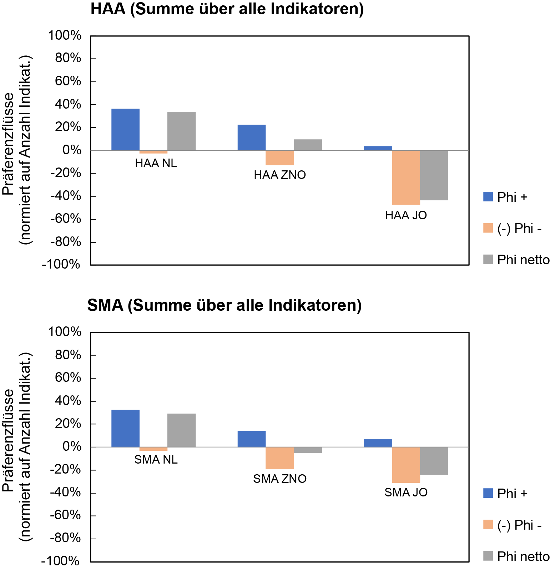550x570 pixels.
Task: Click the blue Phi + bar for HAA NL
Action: [125, 129]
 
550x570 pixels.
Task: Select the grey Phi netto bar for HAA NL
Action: [181, 131]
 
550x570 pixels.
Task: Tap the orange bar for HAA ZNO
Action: [280, 158]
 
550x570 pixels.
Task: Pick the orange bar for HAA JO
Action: [406, 177]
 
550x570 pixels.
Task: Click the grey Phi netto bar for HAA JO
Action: [434, 175]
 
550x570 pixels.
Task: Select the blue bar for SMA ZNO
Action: [252, 439]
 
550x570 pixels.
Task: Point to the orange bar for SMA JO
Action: [406, 465]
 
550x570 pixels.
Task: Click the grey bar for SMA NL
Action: [181, 430]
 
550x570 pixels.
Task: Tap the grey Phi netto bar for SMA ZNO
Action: [308, 450]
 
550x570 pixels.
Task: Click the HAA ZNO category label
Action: [280, 175]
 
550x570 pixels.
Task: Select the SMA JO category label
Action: [406, 492]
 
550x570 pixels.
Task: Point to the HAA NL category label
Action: [156, 163]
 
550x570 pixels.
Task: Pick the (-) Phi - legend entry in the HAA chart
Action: [513, 228]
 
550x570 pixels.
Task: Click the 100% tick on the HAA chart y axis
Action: [65, 35]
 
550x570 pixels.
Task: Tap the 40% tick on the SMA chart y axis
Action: [68, 401]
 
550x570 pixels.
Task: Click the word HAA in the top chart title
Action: [108, 9]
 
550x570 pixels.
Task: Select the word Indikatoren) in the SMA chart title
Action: [315, 305]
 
